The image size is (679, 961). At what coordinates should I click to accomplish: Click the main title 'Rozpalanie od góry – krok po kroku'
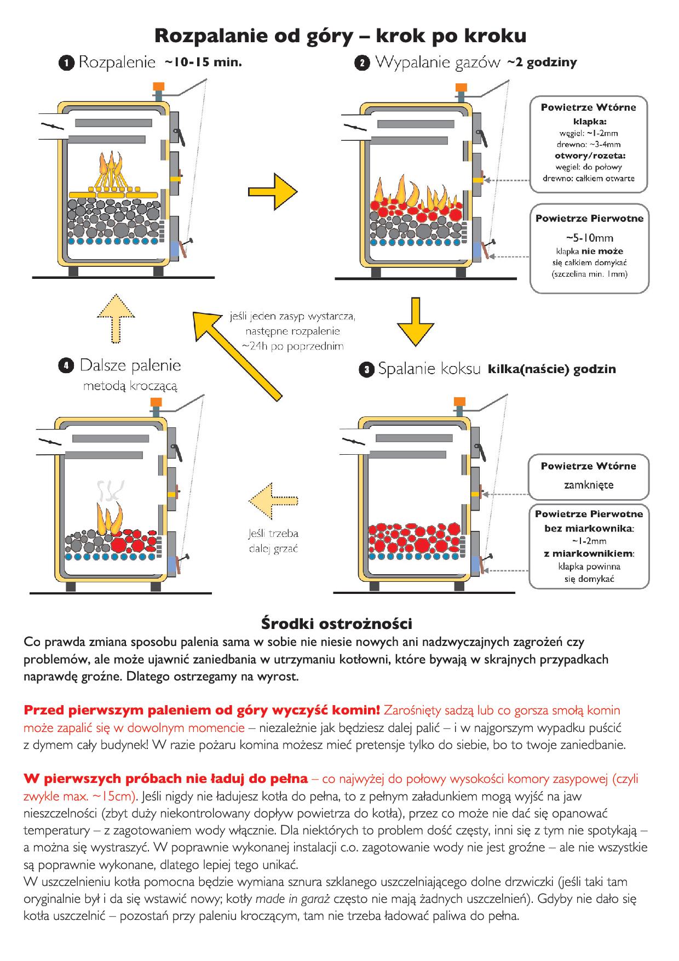[x=340, y=36]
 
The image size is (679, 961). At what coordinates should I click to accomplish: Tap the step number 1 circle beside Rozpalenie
[x=66, y=63]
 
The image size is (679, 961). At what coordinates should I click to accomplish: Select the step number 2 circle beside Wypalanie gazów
[x=361, y=63]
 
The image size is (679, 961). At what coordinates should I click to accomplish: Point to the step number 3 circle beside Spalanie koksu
[x=367, y=370]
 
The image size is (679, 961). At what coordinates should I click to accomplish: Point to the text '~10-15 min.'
[x=203, y=62]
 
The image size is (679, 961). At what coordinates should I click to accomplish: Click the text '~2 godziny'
[x=542, y=62]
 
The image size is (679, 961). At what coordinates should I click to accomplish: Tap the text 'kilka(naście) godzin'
[x=551, y=369]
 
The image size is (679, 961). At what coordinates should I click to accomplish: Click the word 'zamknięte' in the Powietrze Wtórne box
[x=589, y=485]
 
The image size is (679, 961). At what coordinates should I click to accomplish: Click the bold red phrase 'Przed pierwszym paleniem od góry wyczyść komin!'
[x=202, y=711]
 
